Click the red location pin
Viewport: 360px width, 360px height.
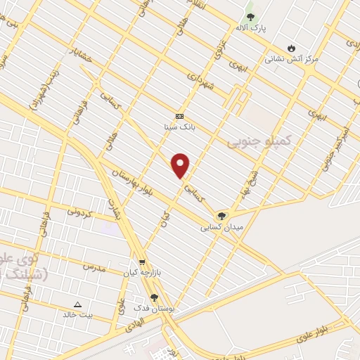[181, 164]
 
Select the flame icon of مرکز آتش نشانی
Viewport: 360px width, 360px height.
[290, 49]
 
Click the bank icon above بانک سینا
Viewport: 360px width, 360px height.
[179, 115]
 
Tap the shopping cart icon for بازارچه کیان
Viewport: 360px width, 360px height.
[143, 261]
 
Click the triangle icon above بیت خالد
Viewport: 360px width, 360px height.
[78, 304]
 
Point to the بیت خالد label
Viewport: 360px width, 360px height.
[79, 315]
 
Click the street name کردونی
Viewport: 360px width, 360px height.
[81, 210]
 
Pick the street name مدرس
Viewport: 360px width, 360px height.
[94, 267]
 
